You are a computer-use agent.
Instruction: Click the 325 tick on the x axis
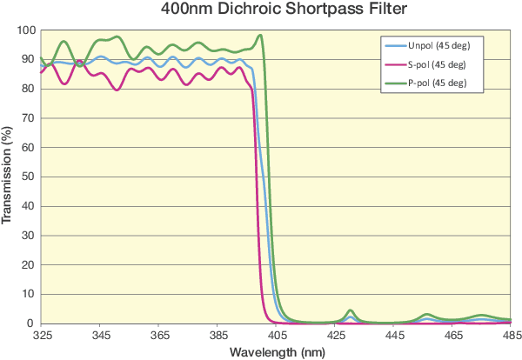point(42,334)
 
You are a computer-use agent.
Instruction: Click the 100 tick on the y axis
point(27,30)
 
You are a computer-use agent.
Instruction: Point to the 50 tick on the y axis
point(30,177)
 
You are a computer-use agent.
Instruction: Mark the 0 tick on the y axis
point(32,323)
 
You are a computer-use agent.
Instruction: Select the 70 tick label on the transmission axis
point(30,118)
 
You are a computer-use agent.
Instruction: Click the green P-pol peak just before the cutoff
point(260,36)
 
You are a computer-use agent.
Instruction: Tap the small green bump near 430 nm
point(350,310)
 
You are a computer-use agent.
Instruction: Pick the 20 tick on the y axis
point(30,265)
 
